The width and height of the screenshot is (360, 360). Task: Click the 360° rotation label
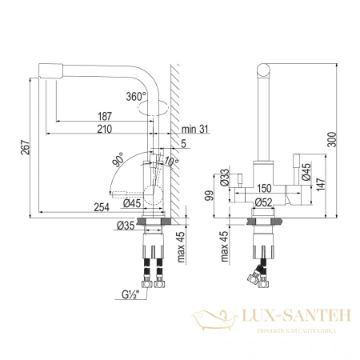(137, 96)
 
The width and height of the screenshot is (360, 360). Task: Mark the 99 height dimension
(210, 194)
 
